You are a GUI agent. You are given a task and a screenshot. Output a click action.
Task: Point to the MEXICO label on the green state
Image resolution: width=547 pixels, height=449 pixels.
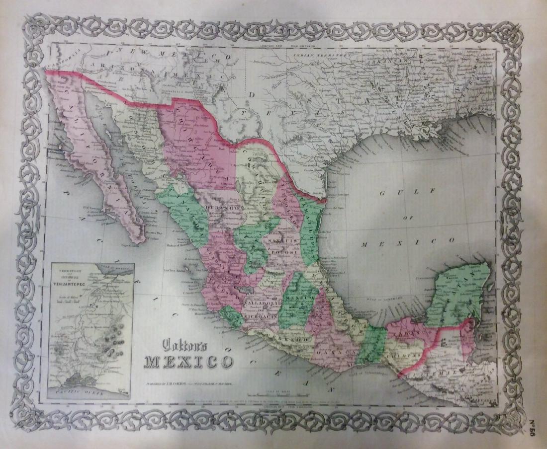(x=300, y=297)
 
